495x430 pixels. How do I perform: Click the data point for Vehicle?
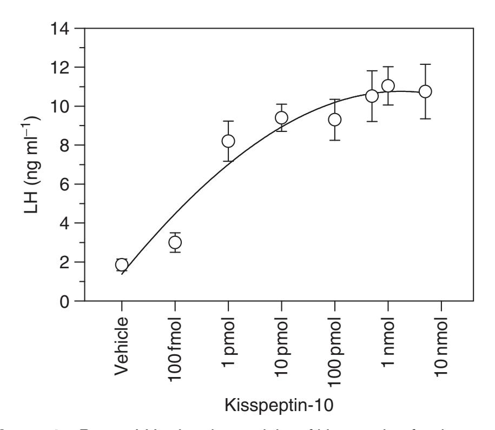pyautogui.click(x=122, y=264)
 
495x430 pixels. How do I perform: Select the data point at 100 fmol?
pyautogui.click(x=175, y=242)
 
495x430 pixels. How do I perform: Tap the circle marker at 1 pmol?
pyautogui.click(x=228, y=141)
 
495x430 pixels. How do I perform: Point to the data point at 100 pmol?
pyautogui.click(x=335, y=120)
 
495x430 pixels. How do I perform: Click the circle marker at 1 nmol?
pyautogui.click(x=388, y=86)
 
